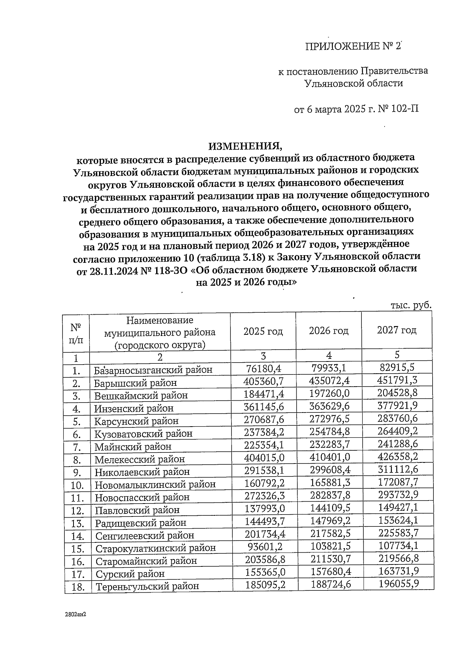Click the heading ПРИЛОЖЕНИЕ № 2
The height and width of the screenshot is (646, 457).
tap(353, 46)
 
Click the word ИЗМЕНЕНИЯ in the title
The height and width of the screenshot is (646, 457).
tap(246, 146)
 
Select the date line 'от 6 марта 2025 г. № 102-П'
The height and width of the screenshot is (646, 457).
tap(356, 110)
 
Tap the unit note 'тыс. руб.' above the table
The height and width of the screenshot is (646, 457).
tap(411, 305)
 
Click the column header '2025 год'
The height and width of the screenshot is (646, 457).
tap(263, 331)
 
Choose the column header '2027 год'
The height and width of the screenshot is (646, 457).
tap(396, 330)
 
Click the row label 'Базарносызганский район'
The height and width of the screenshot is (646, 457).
tap(153, 370)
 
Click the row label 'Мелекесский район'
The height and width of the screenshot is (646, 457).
tap(139, 459)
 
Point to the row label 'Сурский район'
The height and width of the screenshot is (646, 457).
tap(130, 574)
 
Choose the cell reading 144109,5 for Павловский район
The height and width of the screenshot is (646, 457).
tap(330, 508)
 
